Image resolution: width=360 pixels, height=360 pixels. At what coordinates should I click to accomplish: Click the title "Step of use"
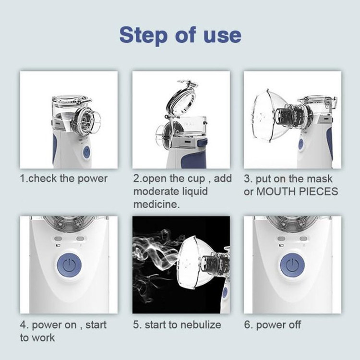pyautogui.click(x=180, y=35)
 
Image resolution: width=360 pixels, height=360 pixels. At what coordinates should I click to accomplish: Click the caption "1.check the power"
pyautogui.click(x=63, y=179)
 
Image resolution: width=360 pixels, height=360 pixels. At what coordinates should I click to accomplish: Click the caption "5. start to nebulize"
pyautogui.click(x=177, y=324)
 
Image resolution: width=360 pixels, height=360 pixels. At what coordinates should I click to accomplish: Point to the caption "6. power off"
pyautogui.click(x=272, y=324)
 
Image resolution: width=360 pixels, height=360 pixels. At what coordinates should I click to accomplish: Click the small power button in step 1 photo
pyautogui.click(x=86, y=153)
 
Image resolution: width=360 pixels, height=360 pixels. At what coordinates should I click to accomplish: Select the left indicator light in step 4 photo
pyautogui.click(x=58, y=238)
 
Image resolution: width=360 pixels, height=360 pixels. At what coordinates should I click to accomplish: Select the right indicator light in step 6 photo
pyautogui.click(x=304, y=238)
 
